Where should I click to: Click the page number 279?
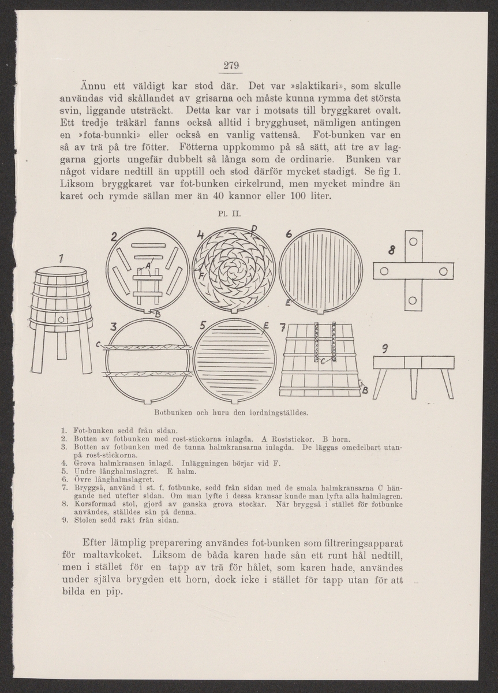point(231,64)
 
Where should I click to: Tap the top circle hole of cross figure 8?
point(413,241)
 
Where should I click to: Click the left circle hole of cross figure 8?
point(384,271)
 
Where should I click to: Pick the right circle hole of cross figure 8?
point(443,271)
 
